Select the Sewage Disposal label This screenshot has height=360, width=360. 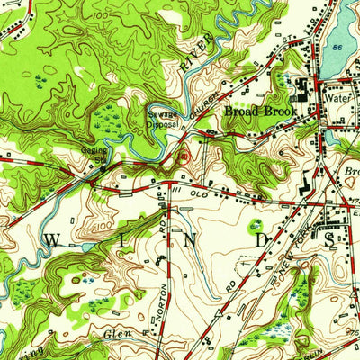click(164, 119)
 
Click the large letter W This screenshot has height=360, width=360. click(50, 239)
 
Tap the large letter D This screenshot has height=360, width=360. click(261, 240)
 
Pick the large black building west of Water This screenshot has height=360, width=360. click(301, 90)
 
